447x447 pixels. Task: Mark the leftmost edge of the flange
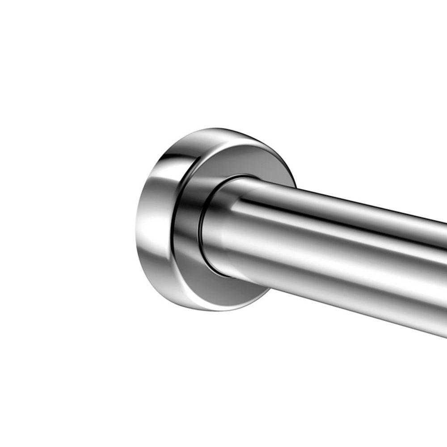(135, 232)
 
